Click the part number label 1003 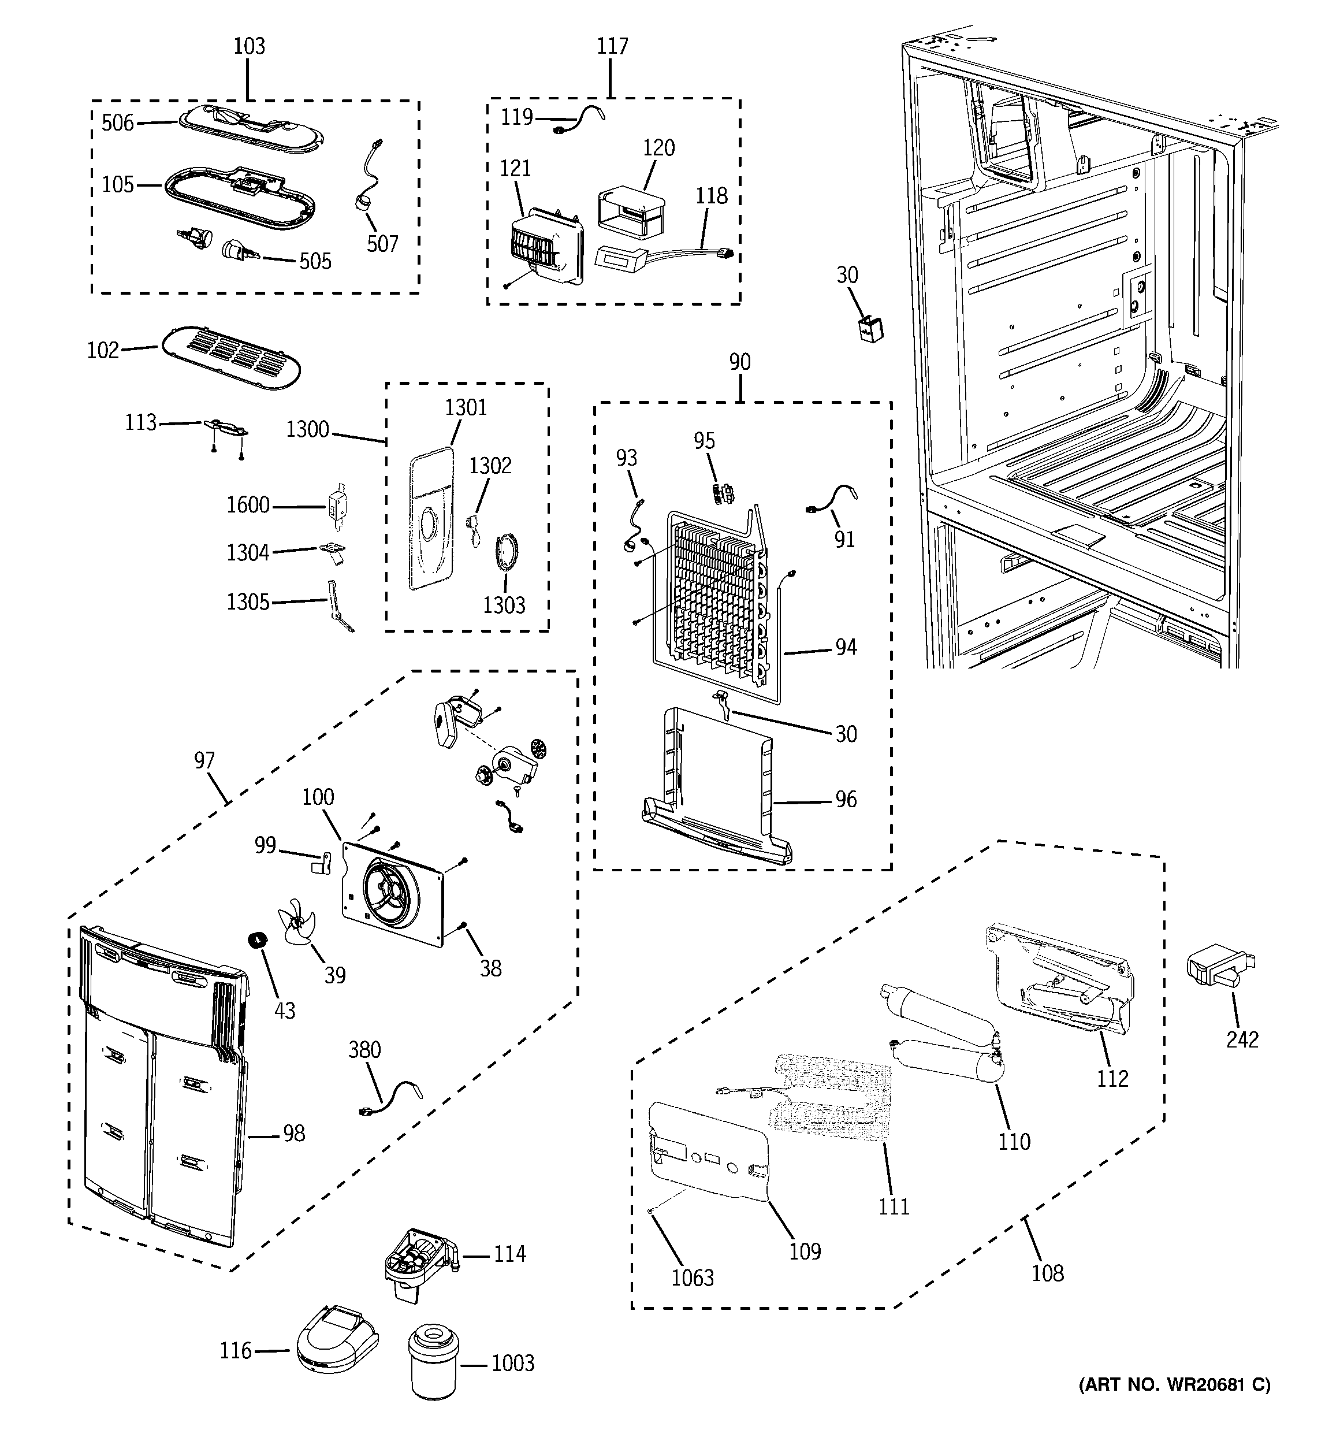tap(513, 1363)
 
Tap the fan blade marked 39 tap(296, 924)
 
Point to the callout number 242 tap(1242, 1039)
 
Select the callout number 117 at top tap(612, 46)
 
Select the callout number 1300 tap(308, 429)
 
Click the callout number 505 tap(315, 261)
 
